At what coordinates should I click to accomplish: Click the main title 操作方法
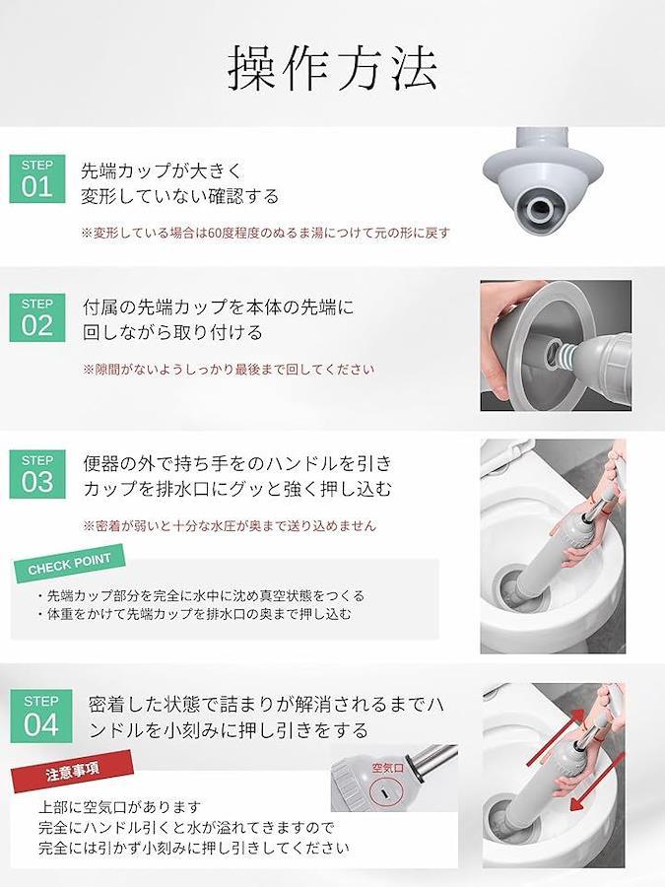(333, 68)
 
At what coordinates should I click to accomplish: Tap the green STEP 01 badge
(37, 178)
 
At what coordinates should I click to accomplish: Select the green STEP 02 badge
(37, 317)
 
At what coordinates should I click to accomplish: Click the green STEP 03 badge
(37, 474)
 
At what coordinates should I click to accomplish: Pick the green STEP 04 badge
(40, 716)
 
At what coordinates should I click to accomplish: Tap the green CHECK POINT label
(69, 564)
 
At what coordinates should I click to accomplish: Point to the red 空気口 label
(388, 768)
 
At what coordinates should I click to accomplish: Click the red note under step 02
(229, 370)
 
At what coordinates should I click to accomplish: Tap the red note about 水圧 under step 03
(230, 525)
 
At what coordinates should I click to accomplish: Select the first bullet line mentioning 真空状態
(201, 595)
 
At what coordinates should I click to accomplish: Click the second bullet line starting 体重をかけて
(194, 614)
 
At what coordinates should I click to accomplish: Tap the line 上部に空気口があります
(120, 806)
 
